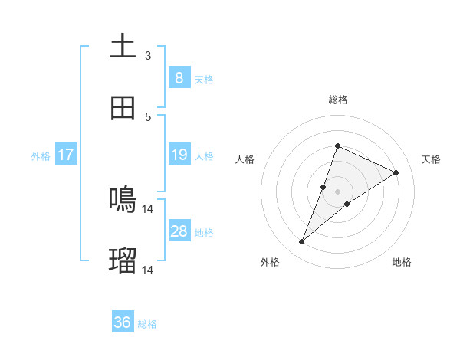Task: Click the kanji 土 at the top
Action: pyautogui.click(x=123, y=47)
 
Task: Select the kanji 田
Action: pyautogui.click(x=123, y=108)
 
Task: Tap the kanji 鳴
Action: pyautogui.click(x=123, y=200)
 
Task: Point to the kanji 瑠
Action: pyautogui.click(x=123, y=261)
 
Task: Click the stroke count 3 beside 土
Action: pyautogui.click(x=148, y=55)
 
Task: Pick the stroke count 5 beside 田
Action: pyautogui.click(x=148, y=116)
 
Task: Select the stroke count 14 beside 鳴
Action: pyautogui.click(x=148, y=208)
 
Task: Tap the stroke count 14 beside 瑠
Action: pyautogui.click(x=148, y=270)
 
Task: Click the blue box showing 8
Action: pyautogui.click(x=179, y=77)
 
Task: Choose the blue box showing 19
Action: pyautogui.click(x=179, y=155)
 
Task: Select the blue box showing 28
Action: pyautogui.click(x=179, y=231)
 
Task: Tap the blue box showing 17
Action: pyautogui.click(x=65, y=155)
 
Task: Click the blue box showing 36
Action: pyautogui.click(x=122, y=322)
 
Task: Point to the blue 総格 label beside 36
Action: pyautogui.click(x=147, y=324)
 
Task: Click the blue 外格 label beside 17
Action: pyautogui.click(x=41, y=155)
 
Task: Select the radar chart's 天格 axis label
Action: pyautogui.click(x=431, y=159)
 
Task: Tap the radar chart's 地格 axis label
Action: pyautogui.click(x=402, y=262)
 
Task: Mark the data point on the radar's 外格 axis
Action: pyautogui.click(x=302, y=242)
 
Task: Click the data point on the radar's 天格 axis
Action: pyautogui.click(x=396, y=172)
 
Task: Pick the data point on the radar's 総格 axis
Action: pyautogui.click(x=337, y=146)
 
